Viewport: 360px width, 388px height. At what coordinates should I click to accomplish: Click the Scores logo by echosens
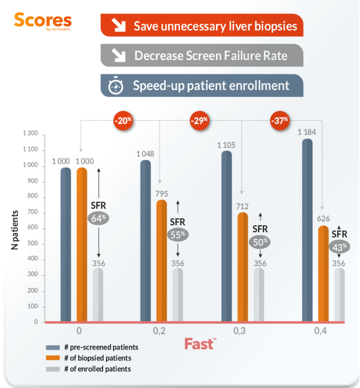point(43,21)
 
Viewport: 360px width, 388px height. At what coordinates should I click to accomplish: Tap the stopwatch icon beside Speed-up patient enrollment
point(115,86)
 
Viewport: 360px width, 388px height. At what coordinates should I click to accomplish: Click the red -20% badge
point(123,121)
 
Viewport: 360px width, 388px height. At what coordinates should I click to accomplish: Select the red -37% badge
point(279,121)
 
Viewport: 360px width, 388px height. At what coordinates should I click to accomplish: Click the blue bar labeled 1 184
point(307,230)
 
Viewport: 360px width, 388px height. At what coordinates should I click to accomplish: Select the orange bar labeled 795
point(162,261)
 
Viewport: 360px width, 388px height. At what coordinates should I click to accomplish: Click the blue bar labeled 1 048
point(146,241)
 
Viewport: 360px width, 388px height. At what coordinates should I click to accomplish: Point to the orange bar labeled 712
point(242,267)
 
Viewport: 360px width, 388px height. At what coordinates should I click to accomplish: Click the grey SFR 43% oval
point(339,246)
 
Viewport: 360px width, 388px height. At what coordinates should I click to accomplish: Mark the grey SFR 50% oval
point(260,242)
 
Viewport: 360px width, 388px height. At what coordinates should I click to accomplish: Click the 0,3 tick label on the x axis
point(240,331)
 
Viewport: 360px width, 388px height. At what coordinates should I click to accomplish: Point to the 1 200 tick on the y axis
point(30,135)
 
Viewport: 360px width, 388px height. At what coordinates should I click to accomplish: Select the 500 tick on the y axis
point(32,244)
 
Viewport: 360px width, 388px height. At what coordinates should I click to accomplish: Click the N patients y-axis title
point(15,229)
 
